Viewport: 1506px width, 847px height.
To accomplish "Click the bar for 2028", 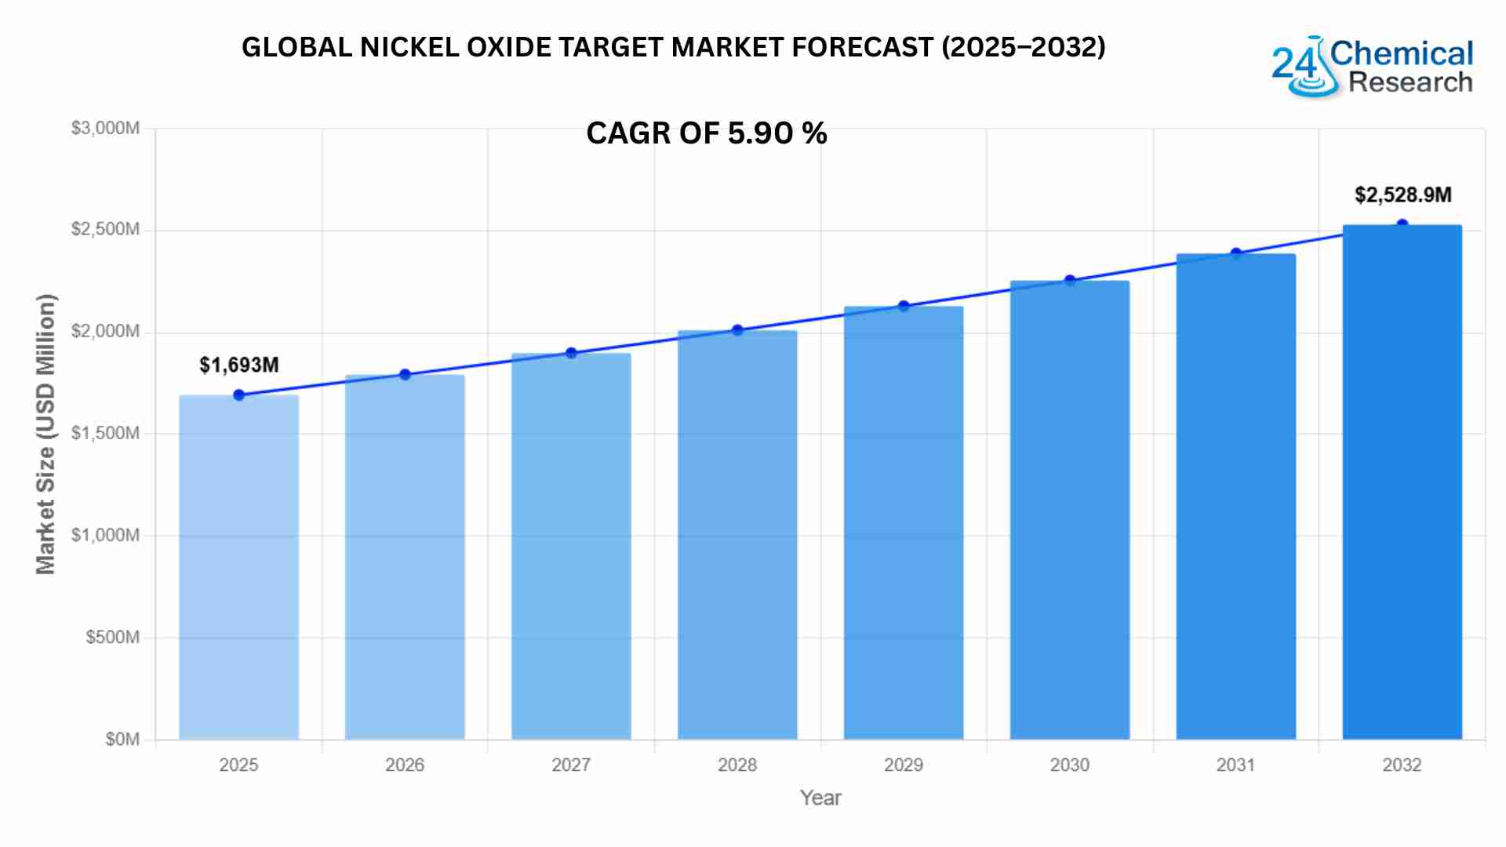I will [737, 535].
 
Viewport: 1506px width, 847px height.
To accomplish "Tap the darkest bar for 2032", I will [1402, 482].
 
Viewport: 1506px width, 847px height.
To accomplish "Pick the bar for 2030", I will [1069, 510].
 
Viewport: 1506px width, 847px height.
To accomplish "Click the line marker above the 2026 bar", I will [405, 375].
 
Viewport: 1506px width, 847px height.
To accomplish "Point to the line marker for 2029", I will [904, 306].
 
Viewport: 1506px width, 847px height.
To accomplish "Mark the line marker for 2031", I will [1236, 253].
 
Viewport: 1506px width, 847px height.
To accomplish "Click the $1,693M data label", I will [239, 365].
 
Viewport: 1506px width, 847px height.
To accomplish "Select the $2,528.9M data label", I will [1403, 194].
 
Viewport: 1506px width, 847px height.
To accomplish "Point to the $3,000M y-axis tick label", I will [105, 128].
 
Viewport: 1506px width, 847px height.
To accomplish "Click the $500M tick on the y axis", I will [112, 637].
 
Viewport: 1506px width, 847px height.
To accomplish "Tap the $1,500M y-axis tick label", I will [105, 433].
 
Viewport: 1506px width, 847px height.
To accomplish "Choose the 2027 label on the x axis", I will [571, 765].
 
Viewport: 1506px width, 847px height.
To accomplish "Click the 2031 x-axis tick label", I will [1235, 765].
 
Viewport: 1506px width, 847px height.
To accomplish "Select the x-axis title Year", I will [820, 798].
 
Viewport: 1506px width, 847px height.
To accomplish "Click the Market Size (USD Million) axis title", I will [45, 434].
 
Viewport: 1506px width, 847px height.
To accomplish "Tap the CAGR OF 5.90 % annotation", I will [706, 133].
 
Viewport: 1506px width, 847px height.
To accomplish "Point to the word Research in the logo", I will [1410, 82].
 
